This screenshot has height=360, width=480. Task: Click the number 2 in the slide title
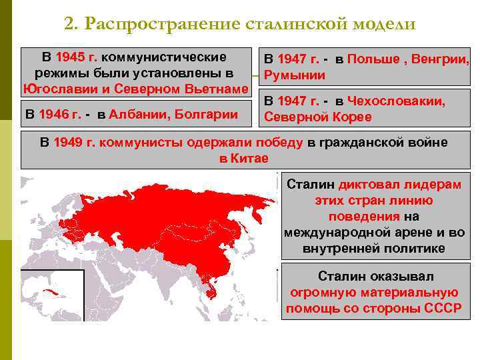[x=69, y=25]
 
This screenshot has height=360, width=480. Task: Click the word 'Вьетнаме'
[x=215, y=89]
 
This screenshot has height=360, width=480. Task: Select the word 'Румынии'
[x=295, y=75]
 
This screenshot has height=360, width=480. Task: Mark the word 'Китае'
[x=250, y=158]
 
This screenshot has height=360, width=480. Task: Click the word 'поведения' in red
[x=363, y=217]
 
